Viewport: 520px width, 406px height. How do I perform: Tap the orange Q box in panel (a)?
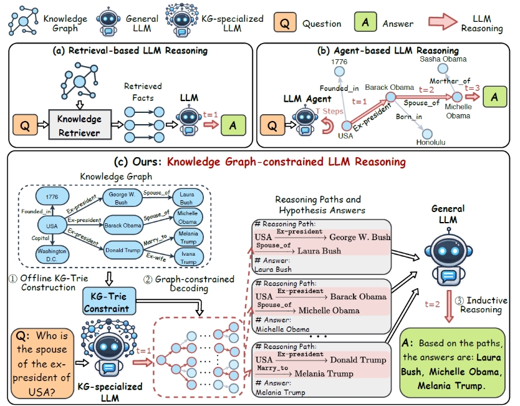tap(25, 125)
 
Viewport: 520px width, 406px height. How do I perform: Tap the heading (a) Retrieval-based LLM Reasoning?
tap(128, 51)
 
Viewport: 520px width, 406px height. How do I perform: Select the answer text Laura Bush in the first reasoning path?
tap(273, 269)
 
